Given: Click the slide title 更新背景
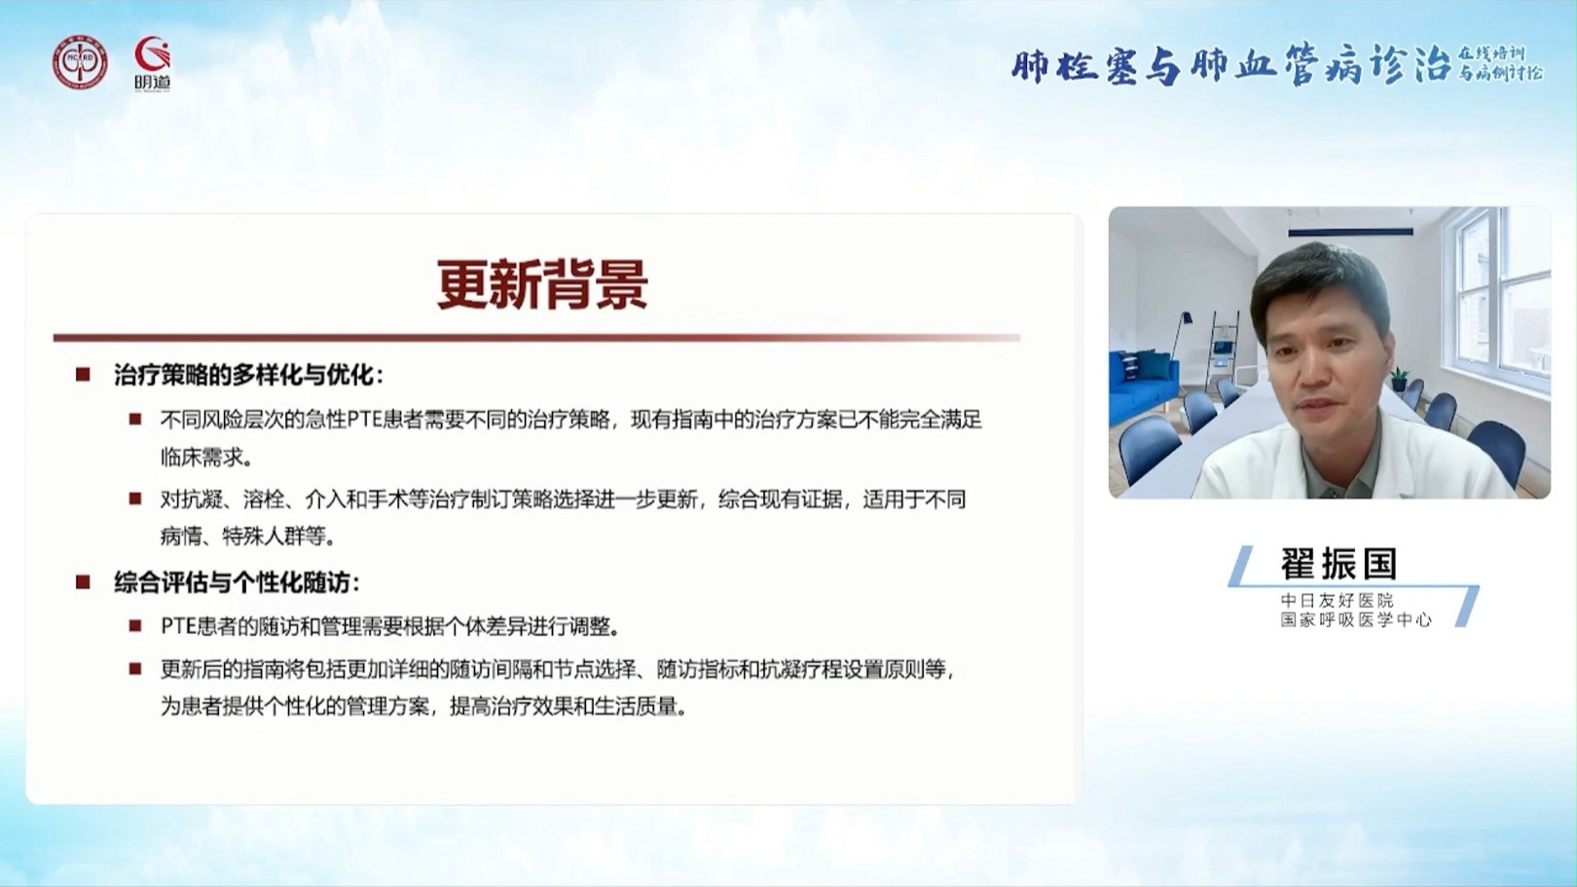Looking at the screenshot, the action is click(542, 284).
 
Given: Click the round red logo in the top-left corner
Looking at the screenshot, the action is click(80, 63).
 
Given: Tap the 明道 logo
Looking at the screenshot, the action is click(153, 63).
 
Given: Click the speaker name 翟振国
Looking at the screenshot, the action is click(1339, 563).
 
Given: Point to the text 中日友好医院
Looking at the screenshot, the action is click(1337, 601).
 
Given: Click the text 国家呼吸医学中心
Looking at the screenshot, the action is click(1356, 620).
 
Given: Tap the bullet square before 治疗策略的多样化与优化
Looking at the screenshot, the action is click(83, 375).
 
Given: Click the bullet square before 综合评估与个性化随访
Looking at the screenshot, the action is click(83, 582).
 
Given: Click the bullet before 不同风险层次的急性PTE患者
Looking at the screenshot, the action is click(135, 421).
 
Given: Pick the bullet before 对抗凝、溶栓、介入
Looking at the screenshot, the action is click(135, 499).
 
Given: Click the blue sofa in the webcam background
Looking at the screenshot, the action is click(1143, 386).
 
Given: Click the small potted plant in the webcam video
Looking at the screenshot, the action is click(1399, 380).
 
